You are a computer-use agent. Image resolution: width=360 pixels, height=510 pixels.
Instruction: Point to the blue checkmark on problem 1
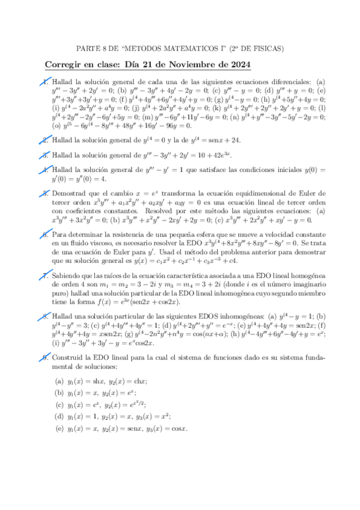tap(46, 82)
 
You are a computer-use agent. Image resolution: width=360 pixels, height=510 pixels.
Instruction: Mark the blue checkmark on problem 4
tap(46, 170)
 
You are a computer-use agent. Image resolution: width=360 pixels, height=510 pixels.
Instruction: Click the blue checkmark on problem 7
tap(46, 276)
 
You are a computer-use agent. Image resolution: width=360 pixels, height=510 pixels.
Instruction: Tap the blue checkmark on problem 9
tap(46, 357)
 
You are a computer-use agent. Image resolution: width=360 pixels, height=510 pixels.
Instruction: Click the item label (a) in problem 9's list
tap(59, 381)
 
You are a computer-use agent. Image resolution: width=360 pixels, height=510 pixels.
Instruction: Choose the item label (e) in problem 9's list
tap(59, 429)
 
